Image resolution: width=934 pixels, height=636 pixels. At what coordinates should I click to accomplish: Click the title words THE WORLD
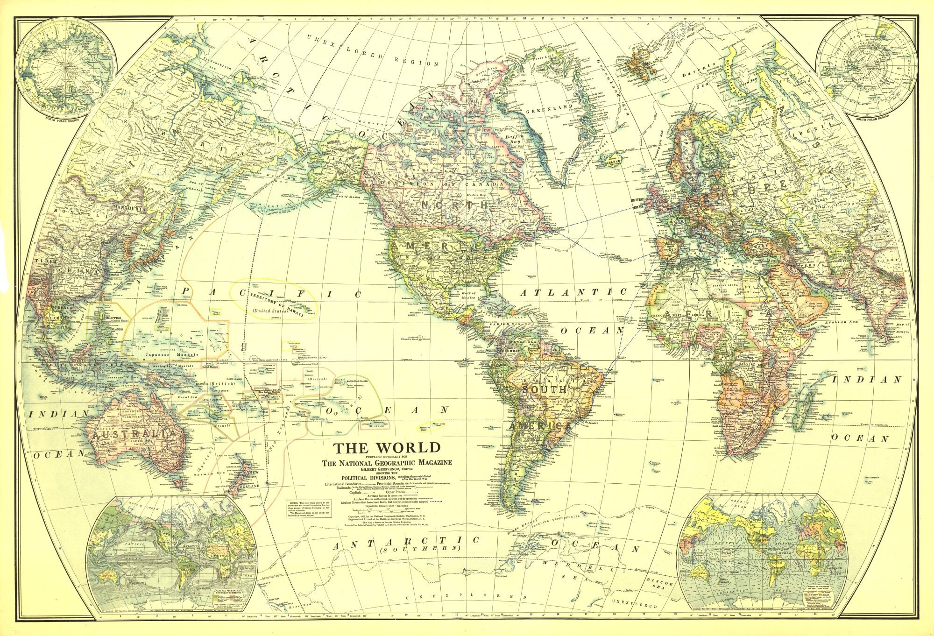387,448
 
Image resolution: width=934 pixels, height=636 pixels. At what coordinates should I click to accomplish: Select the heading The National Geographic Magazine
387,463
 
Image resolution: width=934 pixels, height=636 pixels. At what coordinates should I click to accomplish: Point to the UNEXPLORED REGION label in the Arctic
372,53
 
